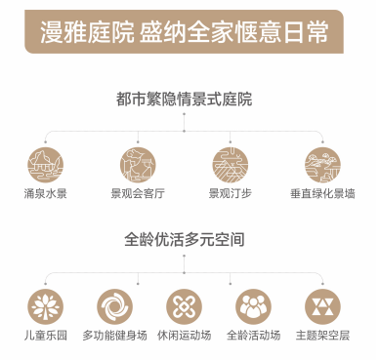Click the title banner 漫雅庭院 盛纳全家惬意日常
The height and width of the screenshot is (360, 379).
(184, 31)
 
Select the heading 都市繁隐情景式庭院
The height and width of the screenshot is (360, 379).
(184, 99)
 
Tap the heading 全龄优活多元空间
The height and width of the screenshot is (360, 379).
(185, 240)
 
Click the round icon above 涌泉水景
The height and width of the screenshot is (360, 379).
(45, 165)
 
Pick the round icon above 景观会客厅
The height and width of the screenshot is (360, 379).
(138, 165)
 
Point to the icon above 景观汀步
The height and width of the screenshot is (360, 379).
(231, 165)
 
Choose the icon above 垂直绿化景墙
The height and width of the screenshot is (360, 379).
(322, 165)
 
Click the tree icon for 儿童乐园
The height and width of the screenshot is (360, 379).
(45, 306)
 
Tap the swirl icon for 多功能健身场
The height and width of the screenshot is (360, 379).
(114, 306)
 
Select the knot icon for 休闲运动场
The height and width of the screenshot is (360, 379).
(184, 306)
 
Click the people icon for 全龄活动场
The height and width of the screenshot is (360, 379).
(253, 306)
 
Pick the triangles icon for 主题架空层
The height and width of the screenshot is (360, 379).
(322, 306)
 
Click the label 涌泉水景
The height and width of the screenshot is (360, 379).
(45, 194)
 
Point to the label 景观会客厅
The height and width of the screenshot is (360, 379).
(138, 194)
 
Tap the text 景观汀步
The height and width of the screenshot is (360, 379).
(231, 194)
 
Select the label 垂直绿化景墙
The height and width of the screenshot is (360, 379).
(322, 194)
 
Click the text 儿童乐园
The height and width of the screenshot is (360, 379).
(46, 336)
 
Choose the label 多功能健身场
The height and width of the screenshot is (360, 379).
(114, 336)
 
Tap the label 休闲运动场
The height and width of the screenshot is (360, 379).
(185, 336)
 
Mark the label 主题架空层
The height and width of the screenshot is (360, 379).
(322, 336)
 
